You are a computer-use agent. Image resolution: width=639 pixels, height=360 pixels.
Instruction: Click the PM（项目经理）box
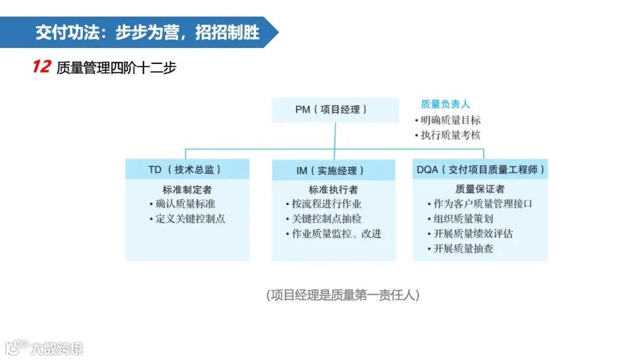335,110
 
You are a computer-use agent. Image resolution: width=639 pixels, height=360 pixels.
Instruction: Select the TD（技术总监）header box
187,169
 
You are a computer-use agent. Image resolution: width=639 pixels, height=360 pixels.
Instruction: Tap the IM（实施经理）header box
333,170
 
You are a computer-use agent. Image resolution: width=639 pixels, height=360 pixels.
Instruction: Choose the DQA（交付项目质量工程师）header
480,169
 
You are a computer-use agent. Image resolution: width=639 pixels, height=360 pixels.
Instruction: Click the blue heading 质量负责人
446,104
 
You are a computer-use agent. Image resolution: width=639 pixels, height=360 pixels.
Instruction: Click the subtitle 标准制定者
187,190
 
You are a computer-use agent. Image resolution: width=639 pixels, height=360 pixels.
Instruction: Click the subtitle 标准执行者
333,190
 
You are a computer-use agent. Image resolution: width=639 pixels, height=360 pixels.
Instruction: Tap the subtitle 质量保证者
480,189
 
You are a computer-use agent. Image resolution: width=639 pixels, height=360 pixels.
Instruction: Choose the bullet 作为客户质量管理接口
483,203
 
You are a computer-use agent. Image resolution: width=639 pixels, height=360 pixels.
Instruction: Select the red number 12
41,67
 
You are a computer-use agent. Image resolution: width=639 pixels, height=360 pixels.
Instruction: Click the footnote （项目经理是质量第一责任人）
343,294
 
